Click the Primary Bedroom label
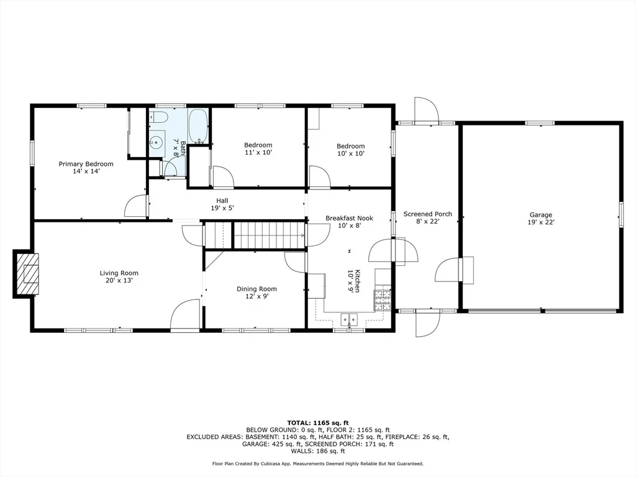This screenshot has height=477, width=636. pos(86,164)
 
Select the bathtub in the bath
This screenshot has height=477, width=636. pos(198,126)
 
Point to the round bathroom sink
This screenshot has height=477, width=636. pos(156,142)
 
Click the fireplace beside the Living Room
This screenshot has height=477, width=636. pos(27,274)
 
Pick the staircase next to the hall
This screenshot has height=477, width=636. pos(254,235)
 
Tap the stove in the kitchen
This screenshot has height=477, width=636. pos(383,300)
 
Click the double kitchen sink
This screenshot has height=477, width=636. pos(349,320)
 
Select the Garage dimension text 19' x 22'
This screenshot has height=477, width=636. pos(541,222)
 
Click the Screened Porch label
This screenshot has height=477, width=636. pos(427,214)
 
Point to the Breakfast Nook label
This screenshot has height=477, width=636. pos(349,218)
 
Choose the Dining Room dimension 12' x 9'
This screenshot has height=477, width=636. pos(257,296)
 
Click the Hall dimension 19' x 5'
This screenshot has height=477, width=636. pos(222,208)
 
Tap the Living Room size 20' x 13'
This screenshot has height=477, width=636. pos(119,281)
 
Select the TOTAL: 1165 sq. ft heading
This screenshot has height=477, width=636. pos(318,423)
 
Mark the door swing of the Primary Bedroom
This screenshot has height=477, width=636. pos(135,206)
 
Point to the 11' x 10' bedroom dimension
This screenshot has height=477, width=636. pos(258,153)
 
